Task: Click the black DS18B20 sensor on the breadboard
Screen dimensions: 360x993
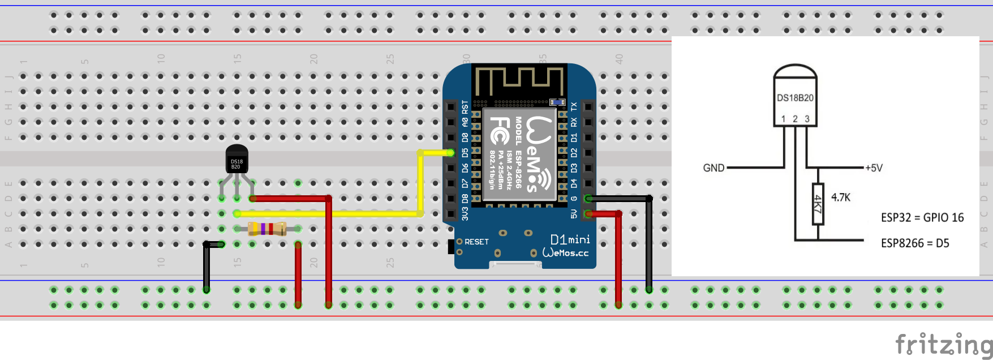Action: [237, 160]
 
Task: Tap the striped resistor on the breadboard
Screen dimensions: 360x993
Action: [267, 229]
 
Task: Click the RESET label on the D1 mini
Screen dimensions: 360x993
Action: [476, 242]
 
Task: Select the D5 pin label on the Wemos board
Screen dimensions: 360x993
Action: [465, 153]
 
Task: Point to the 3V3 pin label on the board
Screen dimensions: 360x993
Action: [465, 213]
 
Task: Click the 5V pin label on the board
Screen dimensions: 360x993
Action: [574, 213]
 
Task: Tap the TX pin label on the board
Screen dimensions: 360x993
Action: [574, 106]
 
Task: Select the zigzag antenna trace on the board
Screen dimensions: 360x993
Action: [519, 80]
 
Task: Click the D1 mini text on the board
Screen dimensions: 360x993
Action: [570, 239]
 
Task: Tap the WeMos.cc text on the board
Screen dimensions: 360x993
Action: [565, 253]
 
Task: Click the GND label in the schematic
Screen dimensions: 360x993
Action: [713, 168]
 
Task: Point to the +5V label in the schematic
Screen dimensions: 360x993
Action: [874, 168]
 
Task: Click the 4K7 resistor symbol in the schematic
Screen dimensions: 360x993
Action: [818, 204]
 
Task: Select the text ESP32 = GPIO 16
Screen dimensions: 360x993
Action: [922, 218]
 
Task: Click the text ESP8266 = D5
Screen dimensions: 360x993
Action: [915, 243]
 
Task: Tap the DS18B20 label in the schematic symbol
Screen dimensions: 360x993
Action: [795, 98]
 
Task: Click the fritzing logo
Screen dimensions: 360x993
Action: [943, 344]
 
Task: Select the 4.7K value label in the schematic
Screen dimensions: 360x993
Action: [841, 198]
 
